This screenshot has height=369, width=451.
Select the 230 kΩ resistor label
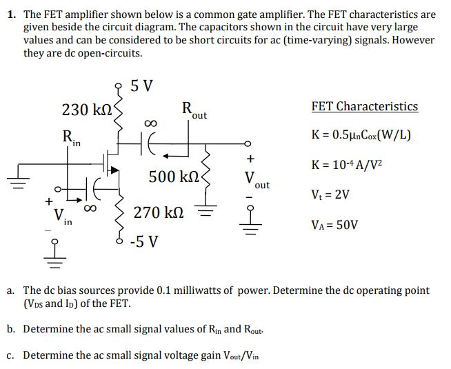(85, 110)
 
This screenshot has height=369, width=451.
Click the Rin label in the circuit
(71, 139)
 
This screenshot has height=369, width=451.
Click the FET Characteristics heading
(364, 106)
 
